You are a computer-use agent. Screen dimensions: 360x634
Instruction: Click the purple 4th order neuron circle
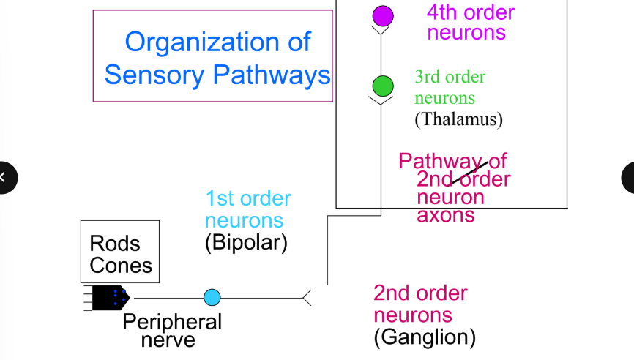383,15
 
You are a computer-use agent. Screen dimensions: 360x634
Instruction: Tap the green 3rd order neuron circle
382,86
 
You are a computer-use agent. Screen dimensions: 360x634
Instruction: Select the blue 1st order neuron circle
212,297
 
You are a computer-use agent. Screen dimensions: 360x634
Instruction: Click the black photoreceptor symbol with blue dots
112,297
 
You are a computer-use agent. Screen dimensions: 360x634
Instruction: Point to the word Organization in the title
217,42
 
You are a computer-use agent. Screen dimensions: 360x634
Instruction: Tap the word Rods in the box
114,243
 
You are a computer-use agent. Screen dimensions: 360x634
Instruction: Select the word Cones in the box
121,265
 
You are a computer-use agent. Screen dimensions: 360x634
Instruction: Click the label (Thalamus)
458,119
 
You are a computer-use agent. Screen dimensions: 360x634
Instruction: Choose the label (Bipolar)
246,242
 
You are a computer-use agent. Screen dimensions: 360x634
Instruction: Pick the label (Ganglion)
425,337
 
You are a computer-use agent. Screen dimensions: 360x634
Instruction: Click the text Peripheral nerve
172,331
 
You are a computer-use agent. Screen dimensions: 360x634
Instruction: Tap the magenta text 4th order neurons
470,22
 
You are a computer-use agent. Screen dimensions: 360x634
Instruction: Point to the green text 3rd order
450,77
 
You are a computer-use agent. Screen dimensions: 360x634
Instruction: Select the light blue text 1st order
248,198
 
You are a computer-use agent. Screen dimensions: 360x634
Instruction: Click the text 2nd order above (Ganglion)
420,293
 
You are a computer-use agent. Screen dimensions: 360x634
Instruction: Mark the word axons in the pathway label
446,215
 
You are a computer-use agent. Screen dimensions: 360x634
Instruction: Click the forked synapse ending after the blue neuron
307,297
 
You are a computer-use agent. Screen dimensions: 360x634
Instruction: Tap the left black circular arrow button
6,177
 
